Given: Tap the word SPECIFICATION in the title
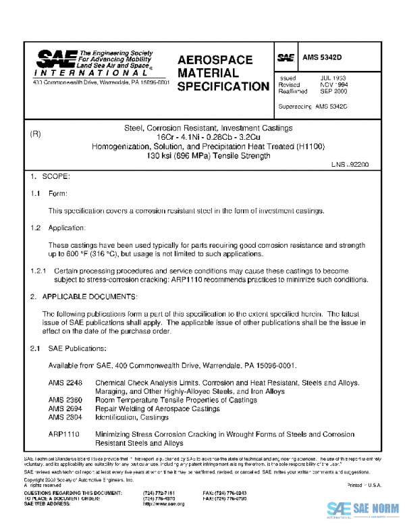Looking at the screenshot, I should (x=223, y=86).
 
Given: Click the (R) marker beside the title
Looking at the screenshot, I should (x=36, y=134).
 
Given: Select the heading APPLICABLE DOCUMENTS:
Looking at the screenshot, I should (x=90, y=296).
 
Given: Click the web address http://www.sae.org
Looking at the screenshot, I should (x=163, y=504).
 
